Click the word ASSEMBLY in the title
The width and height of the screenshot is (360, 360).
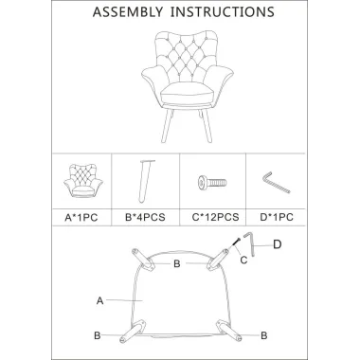tap(128, 11)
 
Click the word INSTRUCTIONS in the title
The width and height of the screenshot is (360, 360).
tap(223, 11)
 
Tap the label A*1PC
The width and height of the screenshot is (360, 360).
tap(81, 218)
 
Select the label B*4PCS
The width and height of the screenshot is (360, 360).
tap(145, 217)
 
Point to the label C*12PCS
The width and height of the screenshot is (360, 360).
tap(216, 217)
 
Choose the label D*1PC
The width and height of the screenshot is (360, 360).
tap(277, 217)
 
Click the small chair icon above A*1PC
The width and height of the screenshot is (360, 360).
tap(83, 181)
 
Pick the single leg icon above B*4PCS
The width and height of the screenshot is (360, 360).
tap(145, 181)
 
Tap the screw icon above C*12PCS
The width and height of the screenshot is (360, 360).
tap(212, 183)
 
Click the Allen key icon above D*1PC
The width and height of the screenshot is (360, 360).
tap(276, 182)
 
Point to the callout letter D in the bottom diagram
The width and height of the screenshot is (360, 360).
tap(277, 244)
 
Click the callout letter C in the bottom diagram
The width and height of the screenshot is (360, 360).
tap(243, 260)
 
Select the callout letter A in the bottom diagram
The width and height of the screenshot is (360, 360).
tap(99, 301)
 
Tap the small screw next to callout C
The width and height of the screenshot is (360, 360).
tap(237, 242)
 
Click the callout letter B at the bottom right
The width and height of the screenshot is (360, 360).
tap(264, 335)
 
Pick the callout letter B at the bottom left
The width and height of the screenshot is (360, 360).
tap(98, 335)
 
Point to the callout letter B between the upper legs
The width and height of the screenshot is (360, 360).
tap(177, 263)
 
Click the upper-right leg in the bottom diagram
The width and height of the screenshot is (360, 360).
tap(218, 260)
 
